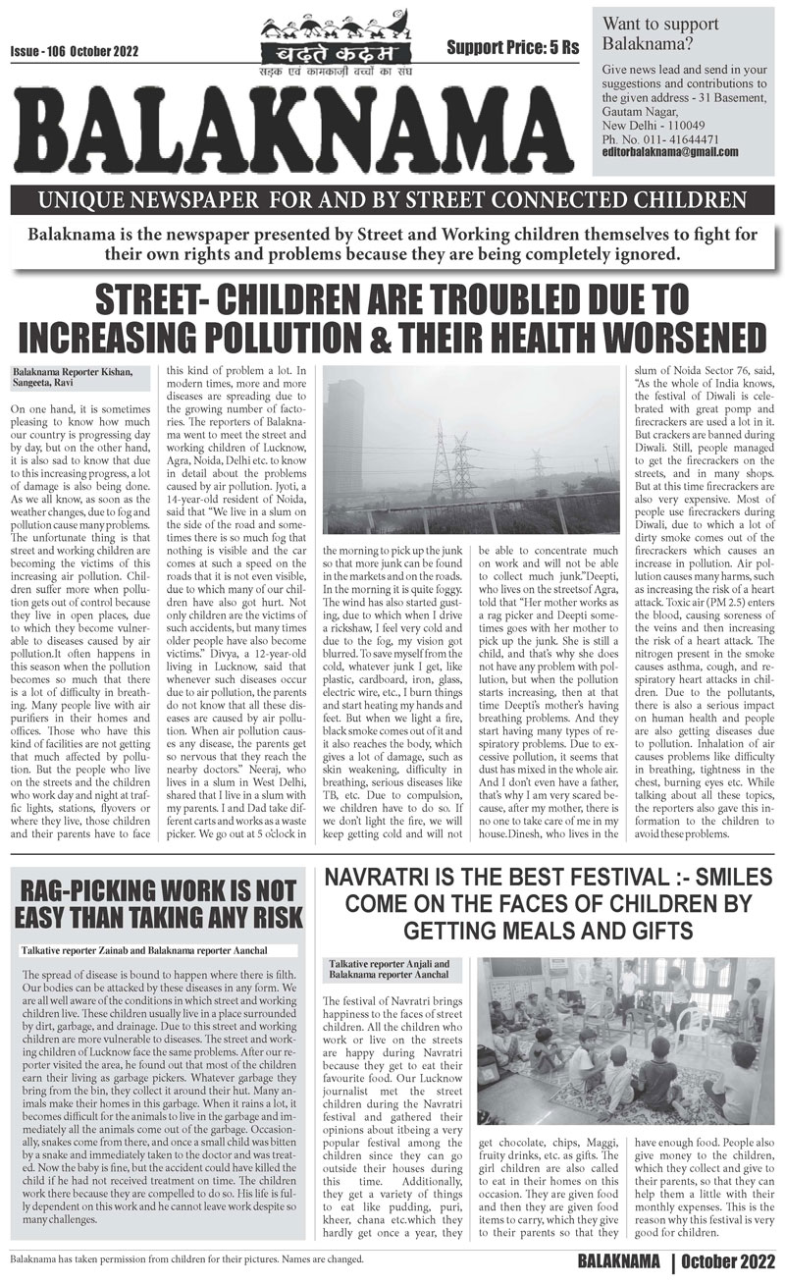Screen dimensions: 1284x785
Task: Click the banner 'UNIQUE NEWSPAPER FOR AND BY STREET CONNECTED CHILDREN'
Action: click(392, 203)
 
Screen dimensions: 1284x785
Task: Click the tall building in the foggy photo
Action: click(344, 433)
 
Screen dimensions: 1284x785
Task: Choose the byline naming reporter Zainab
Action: click(143, 951)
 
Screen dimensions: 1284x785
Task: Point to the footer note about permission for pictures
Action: click(185, 1257)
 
